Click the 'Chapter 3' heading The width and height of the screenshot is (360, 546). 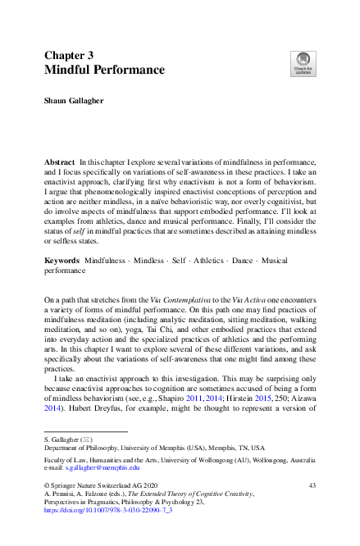tap(69, 55)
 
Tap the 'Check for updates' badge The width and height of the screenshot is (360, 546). tap(302, 63)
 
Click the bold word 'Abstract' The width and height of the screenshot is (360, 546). tap(60, 164)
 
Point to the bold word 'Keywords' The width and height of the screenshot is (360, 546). tap(62, 260)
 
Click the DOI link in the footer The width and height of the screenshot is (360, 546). tap(101, 510)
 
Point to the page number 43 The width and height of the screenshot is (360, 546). tap(312, 486)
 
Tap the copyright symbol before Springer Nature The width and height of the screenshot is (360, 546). tap(47, 486)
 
